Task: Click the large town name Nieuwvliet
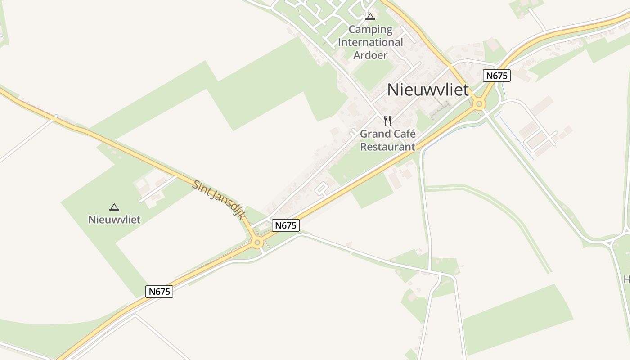[428, 90]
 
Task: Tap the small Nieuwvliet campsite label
[114, 220]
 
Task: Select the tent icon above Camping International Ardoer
[370, 17]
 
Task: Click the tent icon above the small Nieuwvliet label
[114, 207]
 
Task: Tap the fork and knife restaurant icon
[387, 120]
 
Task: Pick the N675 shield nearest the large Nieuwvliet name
[497, 76]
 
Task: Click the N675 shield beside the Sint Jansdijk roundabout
[286, 225]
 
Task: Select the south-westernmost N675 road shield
[159, 292]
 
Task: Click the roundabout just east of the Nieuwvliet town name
[479, 104]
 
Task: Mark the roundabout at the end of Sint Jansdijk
[257, 243]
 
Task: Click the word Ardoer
[370, 55]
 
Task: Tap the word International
[370, 43]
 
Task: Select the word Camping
[370, 30]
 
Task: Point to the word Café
[404, 134]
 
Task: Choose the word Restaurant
[387, 147]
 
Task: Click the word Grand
[375, 134]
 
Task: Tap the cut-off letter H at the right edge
[626, 280]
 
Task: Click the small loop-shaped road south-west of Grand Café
[321, 189]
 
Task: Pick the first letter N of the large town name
[393, 90]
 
